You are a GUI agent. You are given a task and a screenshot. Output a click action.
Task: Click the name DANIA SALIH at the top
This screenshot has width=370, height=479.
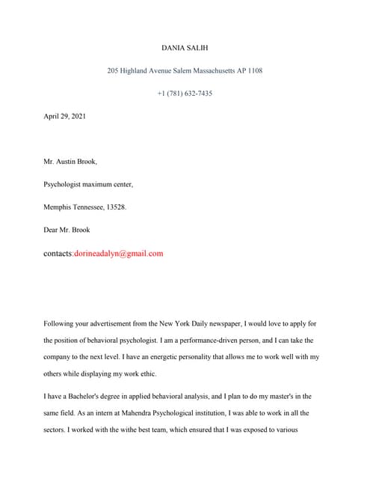point(185,47)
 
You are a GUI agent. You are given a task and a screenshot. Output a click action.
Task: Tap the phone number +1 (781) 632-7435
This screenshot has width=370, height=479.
point(185,93)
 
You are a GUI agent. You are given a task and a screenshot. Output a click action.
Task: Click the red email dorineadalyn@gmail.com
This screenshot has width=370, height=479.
point(118,254)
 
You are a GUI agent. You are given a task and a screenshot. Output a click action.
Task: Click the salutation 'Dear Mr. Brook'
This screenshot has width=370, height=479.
point(67,230)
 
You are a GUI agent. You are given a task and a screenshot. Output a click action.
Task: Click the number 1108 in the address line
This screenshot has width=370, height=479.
point(253,70)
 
